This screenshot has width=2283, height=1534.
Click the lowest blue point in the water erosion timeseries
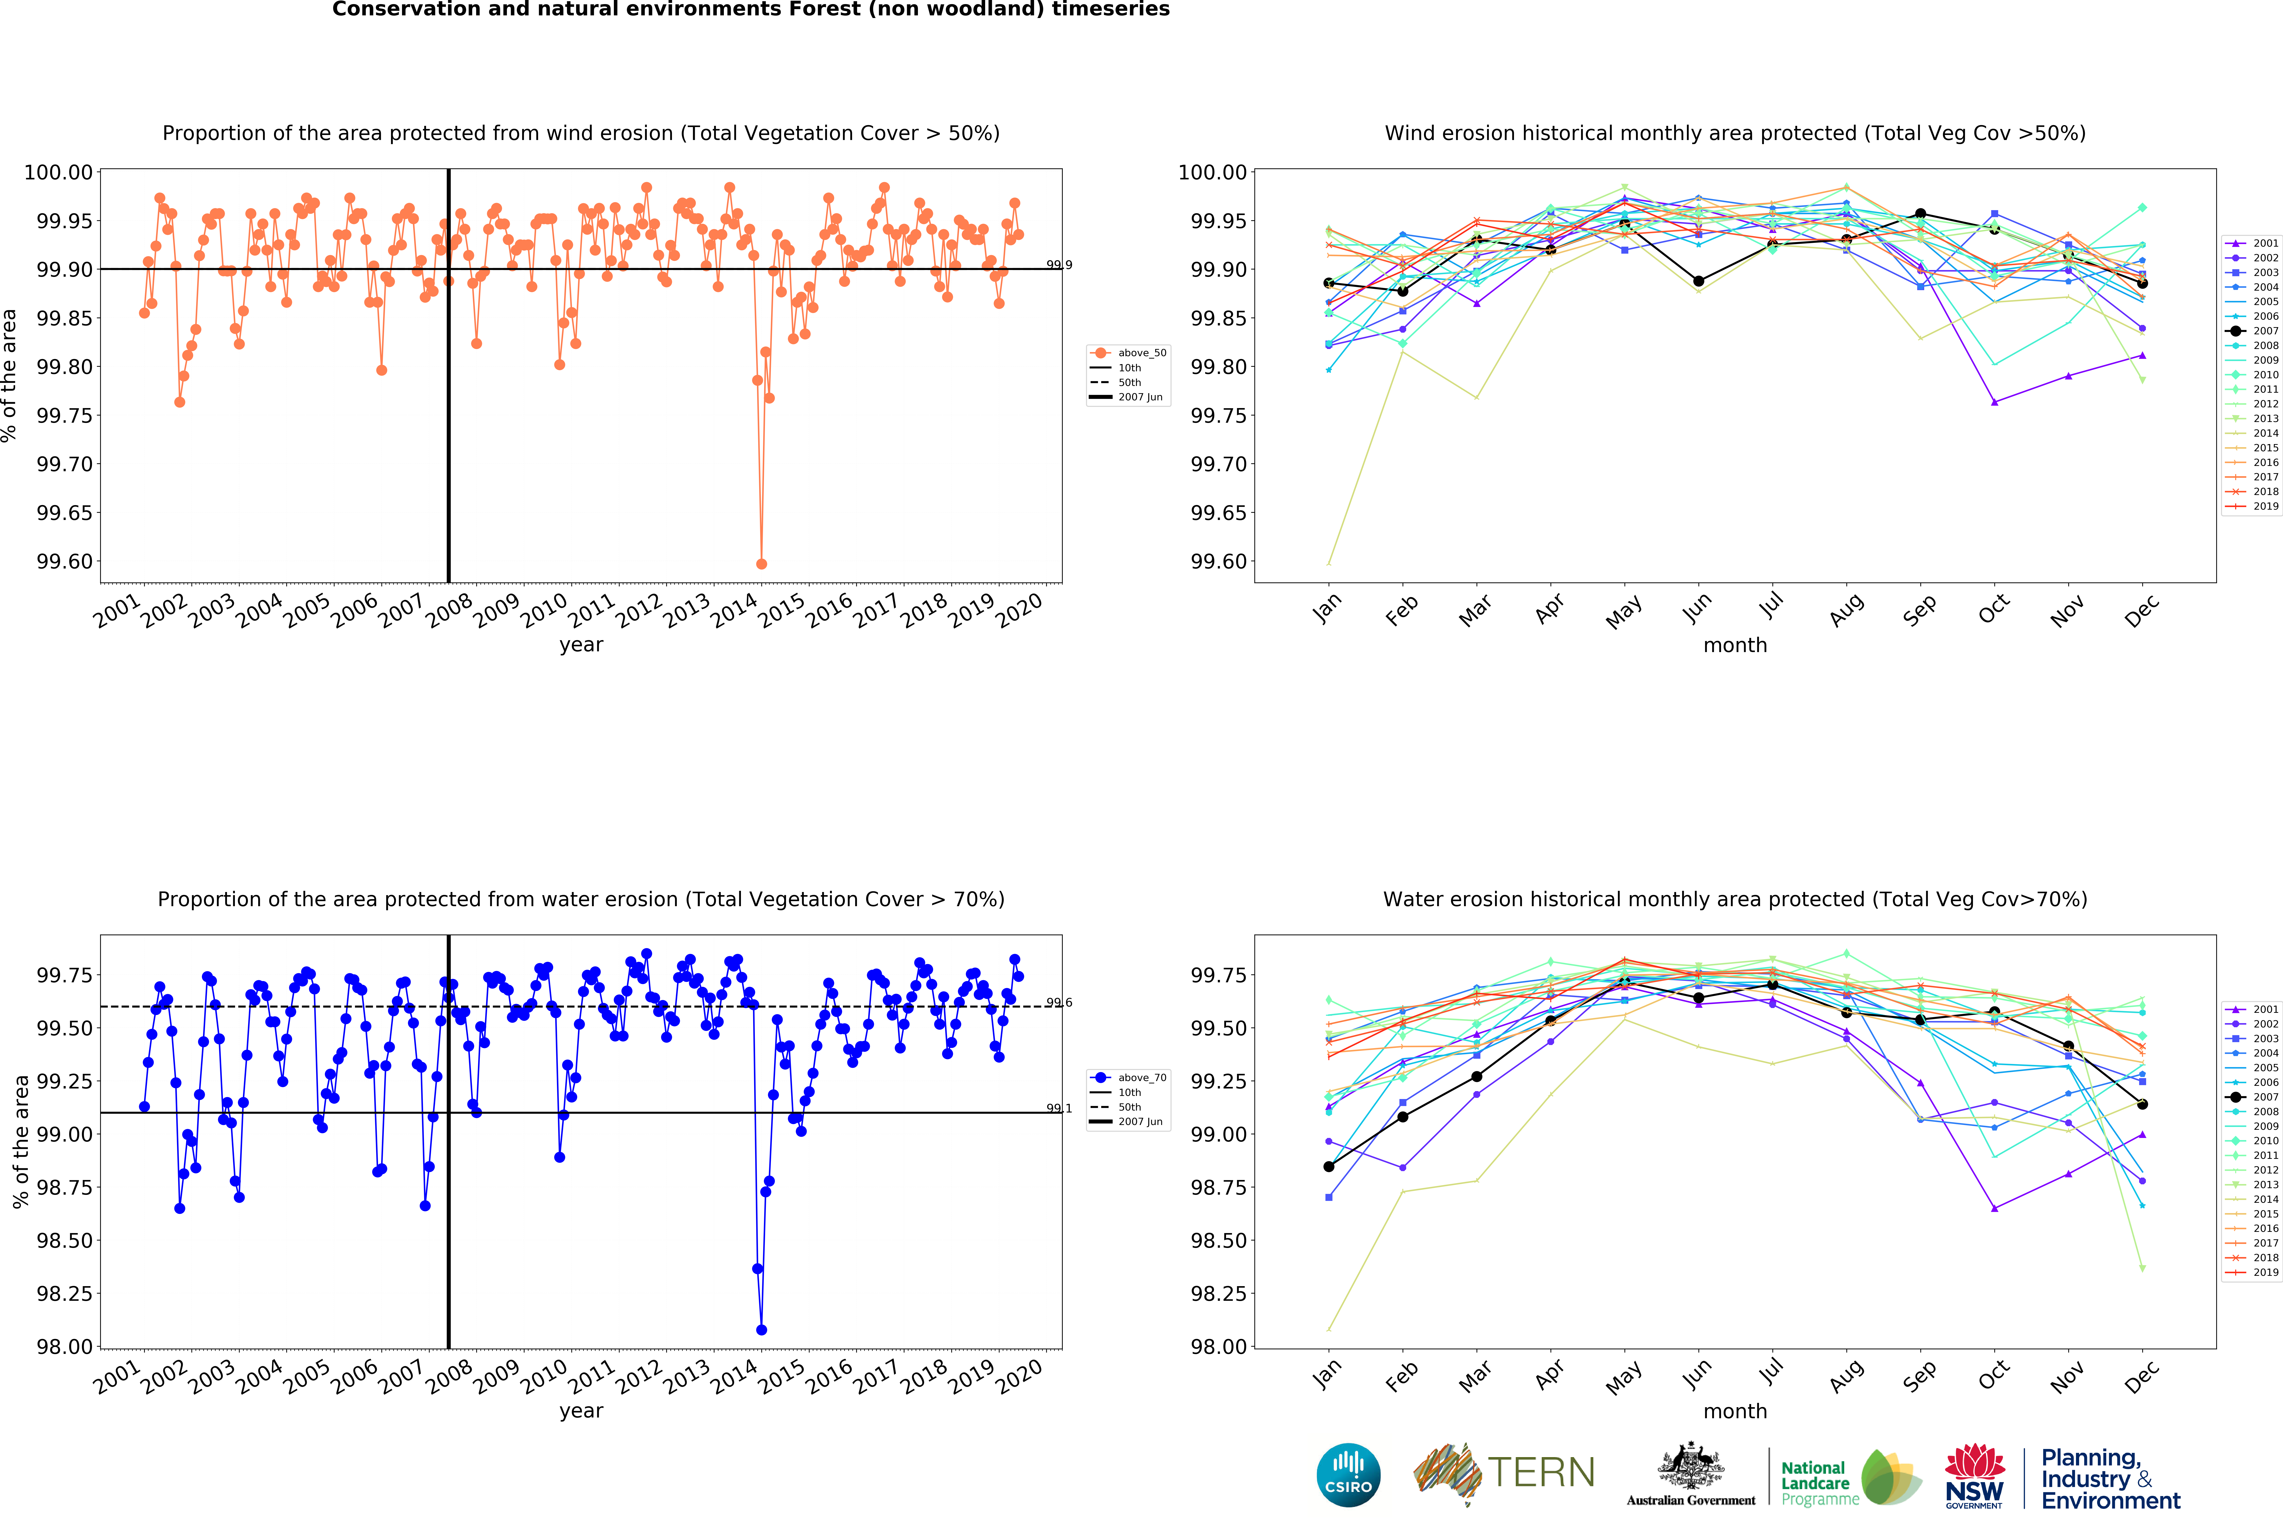(x=761, y=1330)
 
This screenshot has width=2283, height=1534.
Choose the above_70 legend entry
(x=1141, y=1077)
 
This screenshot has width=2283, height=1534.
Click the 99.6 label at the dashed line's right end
(x=1058, y=1002)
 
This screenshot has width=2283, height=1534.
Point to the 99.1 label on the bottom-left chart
(x=1058, y=1108)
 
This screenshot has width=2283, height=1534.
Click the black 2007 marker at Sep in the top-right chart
(x=1920, y=213)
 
